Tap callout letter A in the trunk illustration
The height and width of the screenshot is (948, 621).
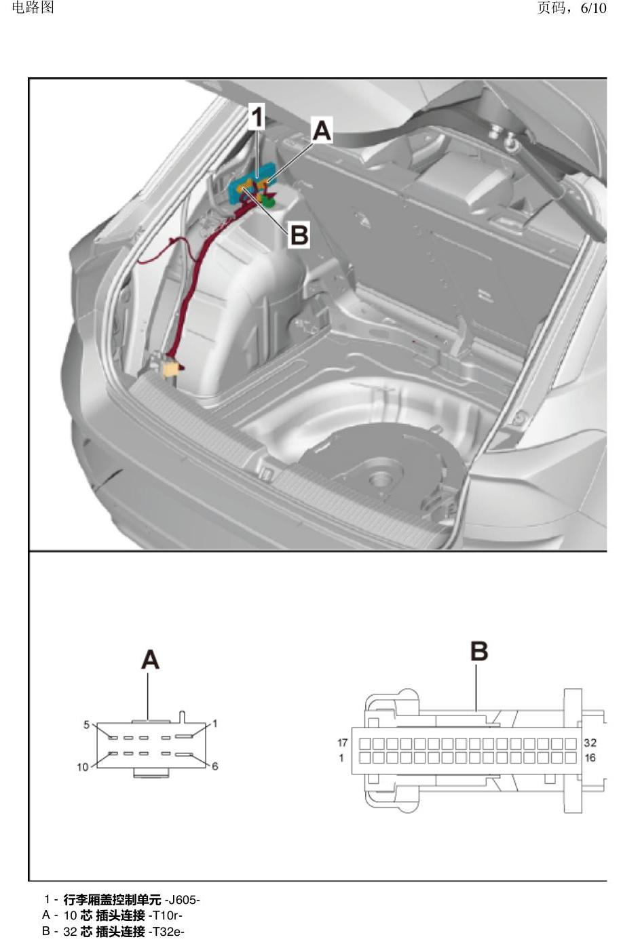click(322, 130)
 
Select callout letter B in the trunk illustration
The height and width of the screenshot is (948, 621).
click(299, 235)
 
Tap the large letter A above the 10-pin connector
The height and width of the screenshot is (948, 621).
click(150, 660)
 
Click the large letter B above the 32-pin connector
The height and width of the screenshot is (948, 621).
click(479, 651)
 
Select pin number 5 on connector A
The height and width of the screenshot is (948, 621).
click(86, 725)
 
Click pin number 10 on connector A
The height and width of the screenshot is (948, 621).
click(82, 767)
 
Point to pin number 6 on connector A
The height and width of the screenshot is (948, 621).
click(214, 766)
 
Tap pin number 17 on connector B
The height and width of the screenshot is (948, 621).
click(342, 743)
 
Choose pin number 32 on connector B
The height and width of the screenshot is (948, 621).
click(590, 743)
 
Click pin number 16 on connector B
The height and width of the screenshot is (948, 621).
click(590, 757)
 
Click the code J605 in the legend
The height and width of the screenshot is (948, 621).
click(183, 899)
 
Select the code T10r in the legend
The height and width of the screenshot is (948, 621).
click(165, 915)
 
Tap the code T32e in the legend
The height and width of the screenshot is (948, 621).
click(166, 932)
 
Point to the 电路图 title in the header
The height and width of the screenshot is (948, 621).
click(33, 7)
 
